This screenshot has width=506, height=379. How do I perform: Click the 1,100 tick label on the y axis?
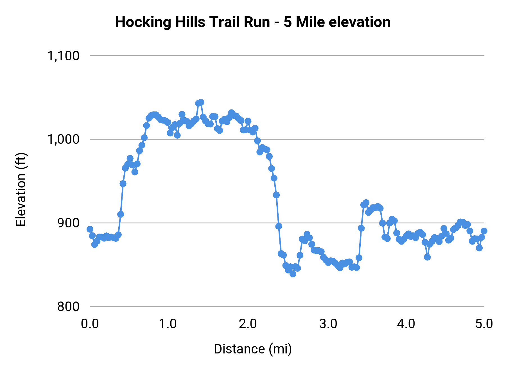pyautogui.click(x=63, y=56)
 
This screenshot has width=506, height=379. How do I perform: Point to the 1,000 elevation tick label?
pyautogui.click(x=63, y=139)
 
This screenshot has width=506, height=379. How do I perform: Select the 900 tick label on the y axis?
pyautogui.click(x=68, y=223)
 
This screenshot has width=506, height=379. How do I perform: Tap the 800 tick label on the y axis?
pyautogui.click(x=68, y=307)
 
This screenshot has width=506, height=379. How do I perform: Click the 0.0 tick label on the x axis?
pyautogui.click(x=90, y=324)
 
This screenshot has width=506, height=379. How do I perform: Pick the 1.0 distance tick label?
pyautogui.click(x=168, y=324)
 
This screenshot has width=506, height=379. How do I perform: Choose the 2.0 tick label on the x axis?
pyautogui.click(x=248, y=324)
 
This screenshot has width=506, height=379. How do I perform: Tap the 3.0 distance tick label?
pyautogui.click(x=328, y=324)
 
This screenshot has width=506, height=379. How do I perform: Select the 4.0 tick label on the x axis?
pyautogui.click(x=406, y=324)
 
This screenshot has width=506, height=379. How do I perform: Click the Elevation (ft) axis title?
pyautogui.click(x=21, y=189)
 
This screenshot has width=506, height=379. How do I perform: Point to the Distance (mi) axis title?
pyautogui.click(x=253, y=349)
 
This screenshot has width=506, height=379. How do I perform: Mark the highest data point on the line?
pyautogui.click(x=201, y=102)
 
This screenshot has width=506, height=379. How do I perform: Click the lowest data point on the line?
pyautogui.click(x=293, y=274)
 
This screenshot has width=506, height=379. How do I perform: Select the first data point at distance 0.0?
pyautogui.click(x=90, y=229)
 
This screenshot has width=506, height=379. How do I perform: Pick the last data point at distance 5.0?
pyautogui.click(x=484, y=231)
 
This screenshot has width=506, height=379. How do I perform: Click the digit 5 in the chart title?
pyautogui.click(x=287, y=22)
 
